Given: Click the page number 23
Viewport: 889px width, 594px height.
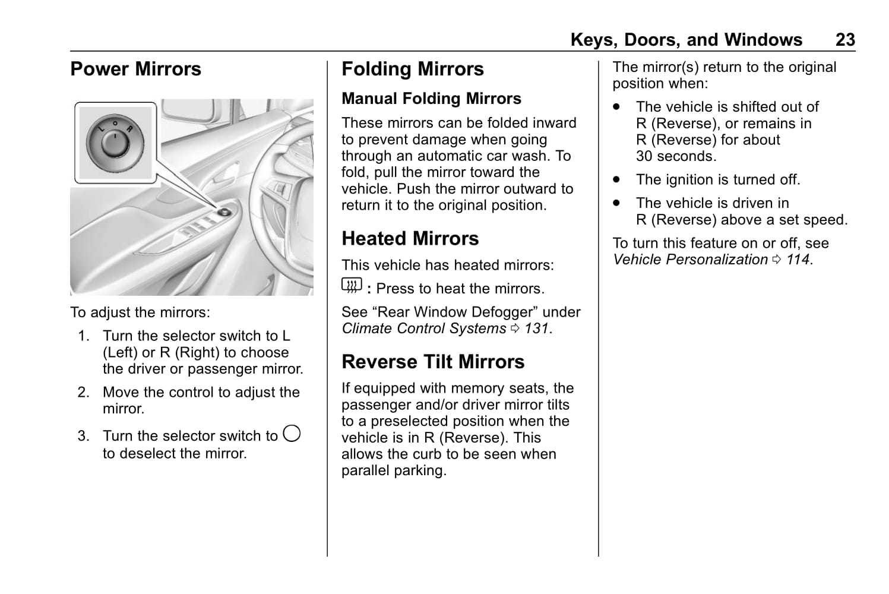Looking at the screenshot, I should [x=844, y=40].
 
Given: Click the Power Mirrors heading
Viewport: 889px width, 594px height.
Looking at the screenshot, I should [x=135, y=69].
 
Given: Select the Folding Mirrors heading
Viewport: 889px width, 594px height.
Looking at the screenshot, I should [x=412, y=69].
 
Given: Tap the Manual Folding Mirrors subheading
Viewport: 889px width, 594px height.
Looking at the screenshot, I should [x=431, y=99].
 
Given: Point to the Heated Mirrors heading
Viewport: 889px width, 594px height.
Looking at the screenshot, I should [x=410, y=239].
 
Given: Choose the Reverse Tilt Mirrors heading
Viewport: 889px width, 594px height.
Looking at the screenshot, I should [x=433, y=362].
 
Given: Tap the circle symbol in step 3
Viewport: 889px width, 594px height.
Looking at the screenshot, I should [x=292, y=434].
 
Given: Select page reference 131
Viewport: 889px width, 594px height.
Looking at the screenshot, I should [x=536, y=328].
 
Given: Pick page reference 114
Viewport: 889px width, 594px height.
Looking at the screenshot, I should [x=798, y=260].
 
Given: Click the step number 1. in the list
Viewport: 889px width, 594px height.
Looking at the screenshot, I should [x=84, y=336].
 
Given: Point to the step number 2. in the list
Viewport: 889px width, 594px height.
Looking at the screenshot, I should [x=84, y=393].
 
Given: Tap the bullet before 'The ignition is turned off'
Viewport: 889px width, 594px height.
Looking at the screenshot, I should [x=618, y=179].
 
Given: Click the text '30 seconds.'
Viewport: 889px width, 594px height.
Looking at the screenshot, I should [x=676, y=156].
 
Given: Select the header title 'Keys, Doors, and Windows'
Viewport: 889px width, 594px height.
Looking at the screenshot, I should [x=686, y=40].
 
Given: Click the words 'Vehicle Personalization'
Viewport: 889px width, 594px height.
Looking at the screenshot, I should [x=690, y=260].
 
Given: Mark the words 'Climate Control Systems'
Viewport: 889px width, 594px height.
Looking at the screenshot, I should [x=423, y=328].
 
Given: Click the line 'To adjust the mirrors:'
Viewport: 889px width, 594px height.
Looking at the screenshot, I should [x=140, y=312].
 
